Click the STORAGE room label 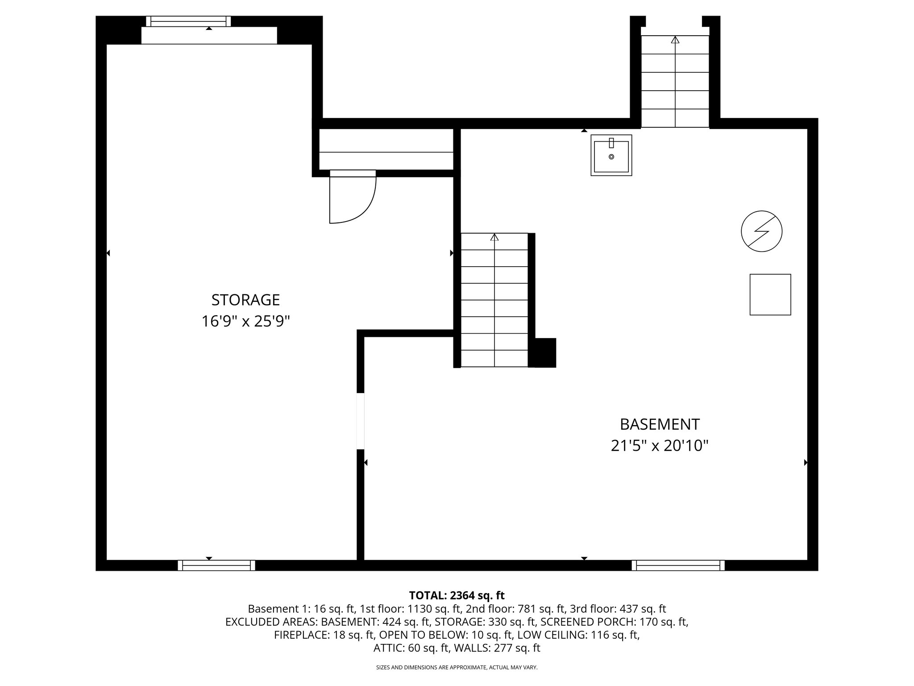pos(245,300)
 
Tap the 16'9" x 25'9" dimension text pos(245,321)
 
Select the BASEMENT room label pos(660,424)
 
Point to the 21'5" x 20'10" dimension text pos(660,446)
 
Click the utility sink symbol pos(611,155)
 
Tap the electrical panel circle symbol pos(761,231)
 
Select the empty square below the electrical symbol pos(770,295)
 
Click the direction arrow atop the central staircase pos(494,238)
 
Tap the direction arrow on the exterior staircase pos(675,40)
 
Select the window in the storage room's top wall pos(189,21)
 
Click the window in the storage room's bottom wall pos(216,565)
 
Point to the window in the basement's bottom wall pos(678,565)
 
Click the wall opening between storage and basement pos(361,421)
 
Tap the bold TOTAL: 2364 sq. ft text pos(457,595)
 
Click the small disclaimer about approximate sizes pos(457,668)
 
